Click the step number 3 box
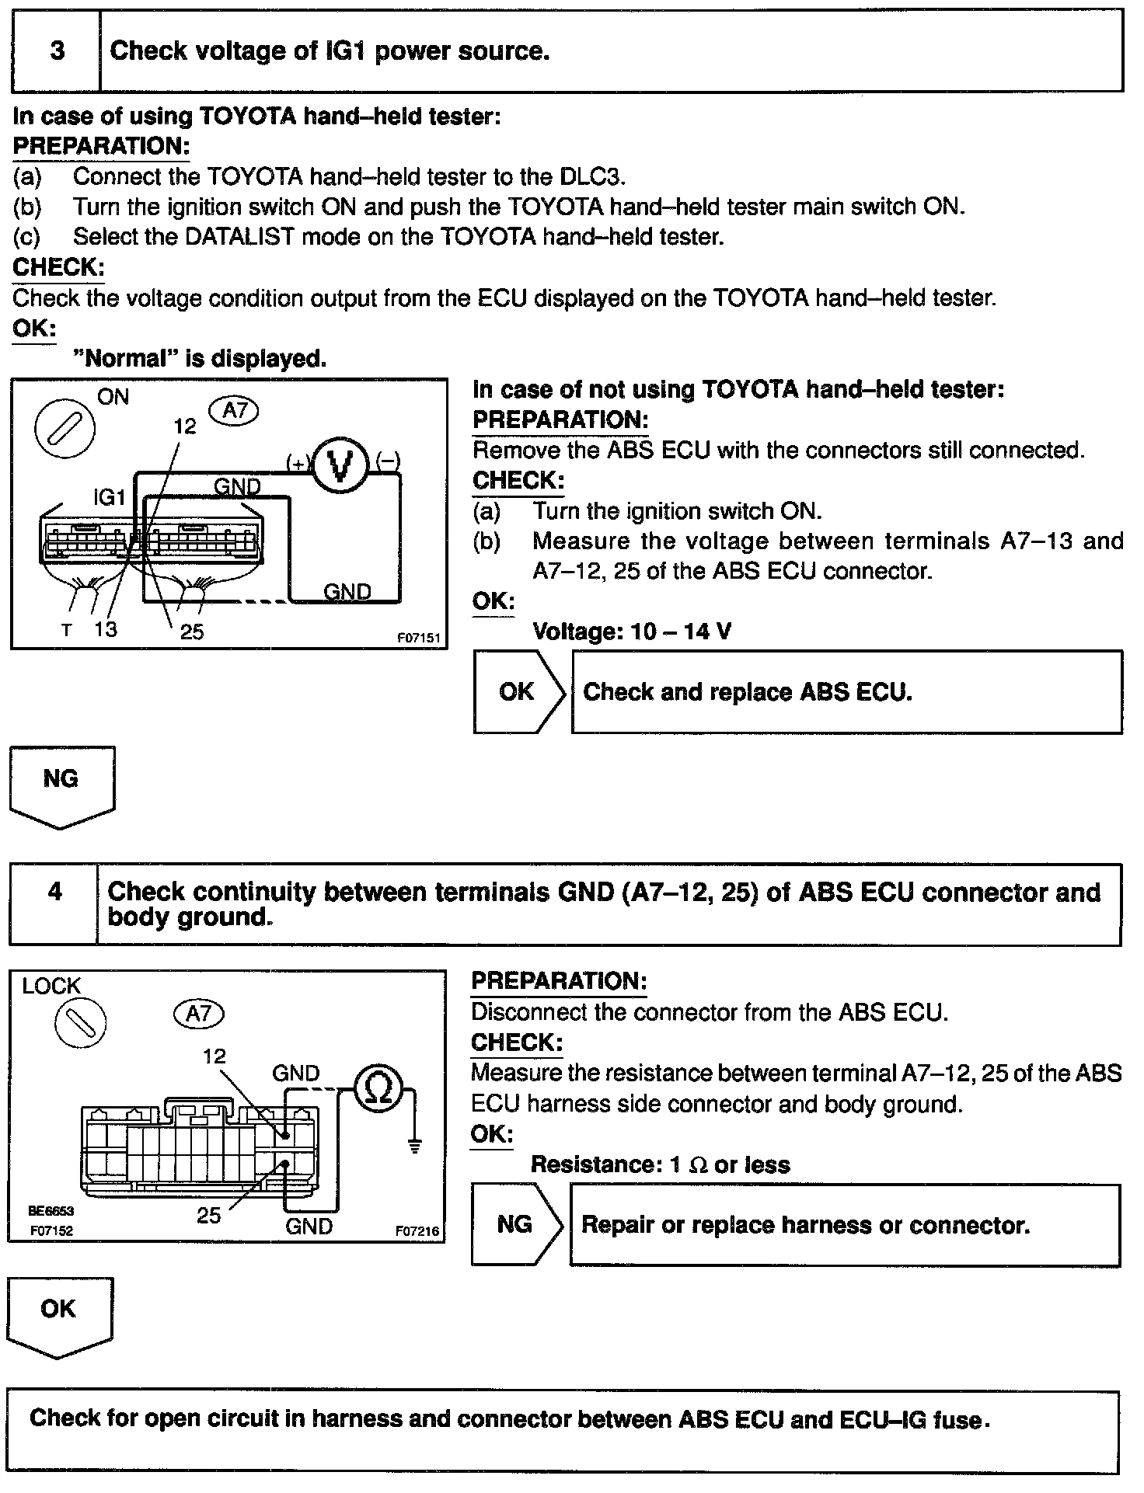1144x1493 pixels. [56, 51]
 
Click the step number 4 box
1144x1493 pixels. [54, 892]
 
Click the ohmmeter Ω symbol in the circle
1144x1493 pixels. [379, 1089]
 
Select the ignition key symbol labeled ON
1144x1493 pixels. [65, 428]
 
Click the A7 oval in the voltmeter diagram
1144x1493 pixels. [234, 410]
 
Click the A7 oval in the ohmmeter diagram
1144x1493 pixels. [199, 1013]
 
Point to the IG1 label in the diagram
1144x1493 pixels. [109, 497]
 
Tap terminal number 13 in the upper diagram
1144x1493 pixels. [105, 628]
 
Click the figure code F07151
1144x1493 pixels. [419, 639]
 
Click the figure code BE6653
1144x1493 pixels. [51, 1210]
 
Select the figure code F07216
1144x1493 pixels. [417, 1230]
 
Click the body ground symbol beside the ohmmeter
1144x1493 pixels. [415, 1145]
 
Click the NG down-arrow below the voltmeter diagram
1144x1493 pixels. [61, 784]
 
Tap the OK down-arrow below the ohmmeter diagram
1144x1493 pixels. [59, 1316]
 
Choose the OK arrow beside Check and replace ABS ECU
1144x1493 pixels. [518, 691]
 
